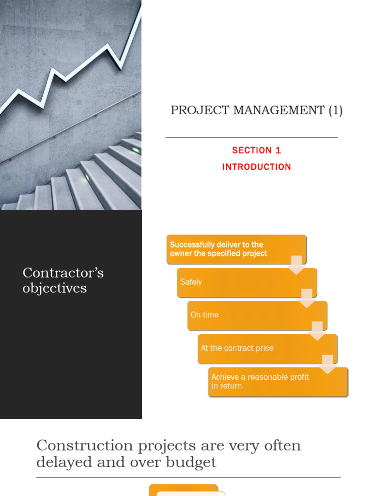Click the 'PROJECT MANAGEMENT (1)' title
pos(256,110)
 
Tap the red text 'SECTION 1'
pos(256,150)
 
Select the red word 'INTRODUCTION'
pos(256,167)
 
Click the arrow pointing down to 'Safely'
pos(296,265)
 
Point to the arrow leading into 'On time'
pos(307,298)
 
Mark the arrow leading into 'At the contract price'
pos(317,331)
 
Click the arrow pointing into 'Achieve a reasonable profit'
pos(327,365)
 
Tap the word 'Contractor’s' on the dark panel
pos(63,273)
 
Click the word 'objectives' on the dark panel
pos(55,289)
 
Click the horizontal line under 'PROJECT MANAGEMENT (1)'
pos(251,138)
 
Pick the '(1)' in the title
pos(335,110)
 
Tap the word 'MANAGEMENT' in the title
pos(279,110)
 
